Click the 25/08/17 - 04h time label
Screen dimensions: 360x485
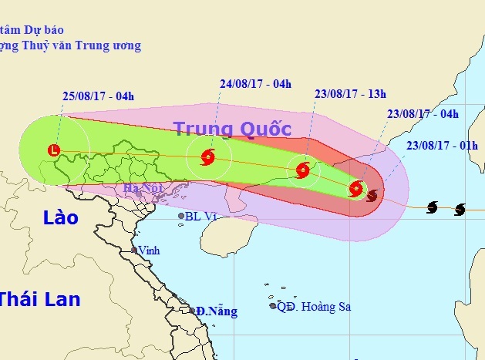tap(99, 97)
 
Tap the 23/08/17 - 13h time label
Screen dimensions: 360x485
tap(350, 95)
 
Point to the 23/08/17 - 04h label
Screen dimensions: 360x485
tap(423, 115)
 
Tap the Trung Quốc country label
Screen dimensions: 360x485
tap(232, 129)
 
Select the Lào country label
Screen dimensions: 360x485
tap(60, 218)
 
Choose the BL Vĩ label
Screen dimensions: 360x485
tap(201, 217)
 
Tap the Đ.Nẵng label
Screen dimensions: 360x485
tap(216, 311)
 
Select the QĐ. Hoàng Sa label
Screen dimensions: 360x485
tap(314, 306)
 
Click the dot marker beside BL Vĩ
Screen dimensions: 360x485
tap(181, 217)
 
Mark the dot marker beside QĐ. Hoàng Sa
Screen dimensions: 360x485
tap(272, 306)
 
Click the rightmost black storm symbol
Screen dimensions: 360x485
tap(460, 209)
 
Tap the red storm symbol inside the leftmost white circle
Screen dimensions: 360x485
tap(207, 158)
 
